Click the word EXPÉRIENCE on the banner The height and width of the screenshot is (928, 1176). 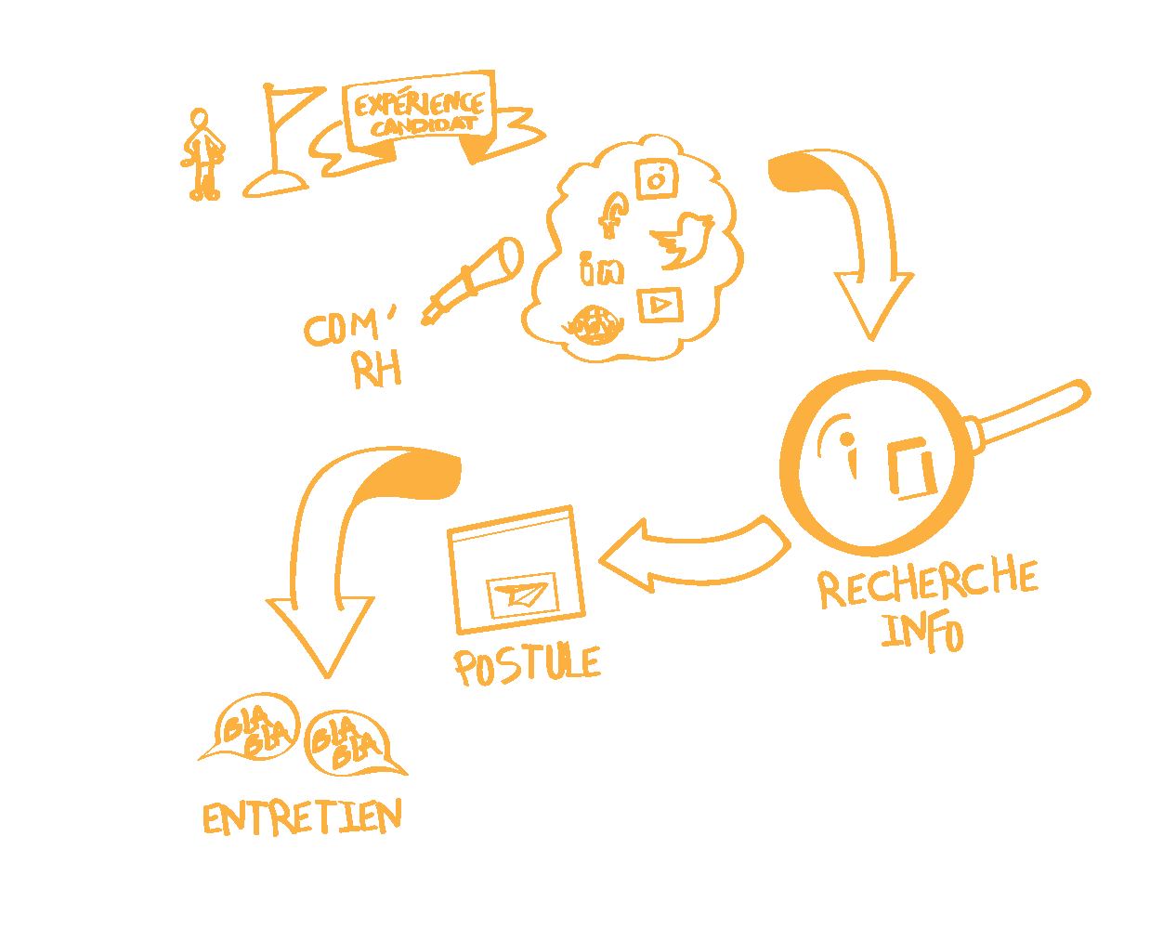418,102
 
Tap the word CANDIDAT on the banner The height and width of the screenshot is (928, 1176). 424,125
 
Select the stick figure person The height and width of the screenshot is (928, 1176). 202,154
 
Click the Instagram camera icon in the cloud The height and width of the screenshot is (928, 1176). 657,178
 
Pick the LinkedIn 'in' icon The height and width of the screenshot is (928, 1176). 601,269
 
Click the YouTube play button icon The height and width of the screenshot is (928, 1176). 660,304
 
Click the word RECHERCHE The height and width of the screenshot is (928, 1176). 927,582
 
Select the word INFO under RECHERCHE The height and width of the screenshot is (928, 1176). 921,633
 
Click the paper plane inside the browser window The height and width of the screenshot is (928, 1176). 521,595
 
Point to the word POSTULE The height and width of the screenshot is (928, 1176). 527,665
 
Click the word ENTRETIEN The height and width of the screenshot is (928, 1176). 303,818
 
